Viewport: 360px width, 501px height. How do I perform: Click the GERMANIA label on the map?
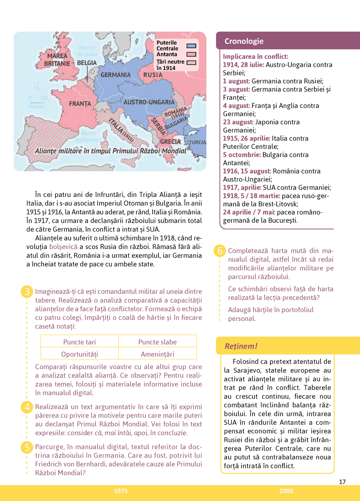point(115,75)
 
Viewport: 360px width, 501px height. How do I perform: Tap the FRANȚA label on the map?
point(80,104)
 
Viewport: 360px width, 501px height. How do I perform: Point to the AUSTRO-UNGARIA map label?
point(149,102)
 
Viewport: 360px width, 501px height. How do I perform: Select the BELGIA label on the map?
point(86,63)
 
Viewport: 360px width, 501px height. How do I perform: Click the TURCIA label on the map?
point(198,142)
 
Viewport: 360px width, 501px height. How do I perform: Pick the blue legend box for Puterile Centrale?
point(191,46)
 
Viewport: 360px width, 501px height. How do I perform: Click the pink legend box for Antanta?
point(191,54)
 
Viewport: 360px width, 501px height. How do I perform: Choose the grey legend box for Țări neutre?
point(191,63)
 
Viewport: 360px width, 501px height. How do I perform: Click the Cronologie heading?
point(244,41)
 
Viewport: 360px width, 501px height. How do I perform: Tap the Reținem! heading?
point(241,346)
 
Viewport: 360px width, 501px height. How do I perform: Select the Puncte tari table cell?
point(79,342)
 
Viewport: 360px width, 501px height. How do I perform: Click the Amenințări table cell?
point(157,354)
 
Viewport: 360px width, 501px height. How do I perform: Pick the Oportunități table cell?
point(79,354)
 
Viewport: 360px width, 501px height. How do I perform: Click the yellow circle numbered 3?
point(27,292)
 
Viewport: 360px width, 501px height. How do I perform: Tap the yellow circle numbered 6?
point(220,251)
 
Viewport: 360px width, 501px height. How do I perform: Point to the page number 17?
point(342,482)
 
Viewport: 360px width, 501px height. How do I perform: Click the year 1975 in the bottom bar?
point(121,491)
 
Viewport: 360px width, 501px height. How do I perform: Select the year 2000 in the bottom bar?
point(286,491)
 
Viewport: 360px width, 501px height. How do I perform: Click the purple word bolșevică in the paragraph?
point(63,247)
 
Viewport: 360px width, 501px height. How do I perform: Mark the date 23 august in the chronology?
point(238,122)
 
